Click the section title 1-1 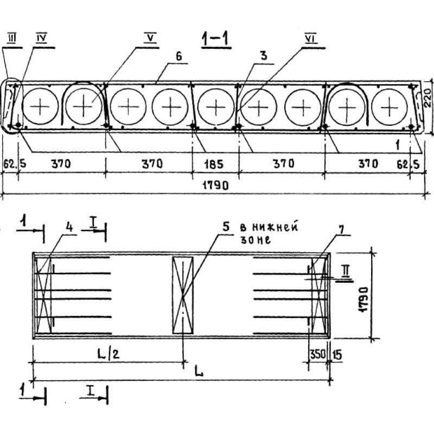click(x=216, y=39)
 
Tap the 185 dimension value click(x=214, y=164)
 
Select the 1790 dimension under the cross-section click(x=216, y=186)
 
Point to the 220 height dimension click(x=427, y=98)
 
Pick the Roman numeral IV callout click(x=42, y=38)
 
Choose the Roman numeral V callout click(x=151, y=38)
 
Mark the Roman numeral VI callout click(x=311, y=39)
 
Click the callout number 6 click(x=179, y=56)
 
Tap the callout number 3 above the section click(x=264, y=56)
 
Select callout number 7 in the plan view click(x=342, y=229)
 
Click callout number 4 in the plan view click(x=69, y=227)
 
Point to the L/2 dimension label click(x=108, y=354)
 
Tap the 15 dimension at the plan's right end click(x=337, y=355)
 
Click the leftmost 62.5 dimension click(x=15, y=164)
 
